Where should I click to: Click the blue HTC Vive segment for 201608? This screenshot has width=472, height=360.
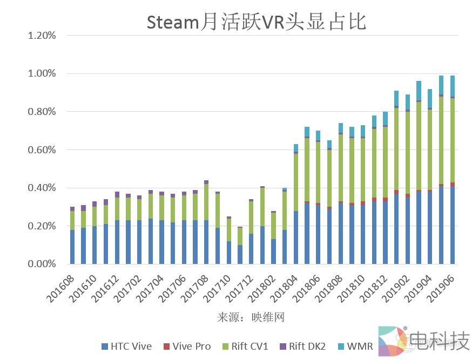click(72, 247)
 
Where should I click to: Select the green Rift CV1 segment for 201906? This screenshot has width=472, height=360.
click(453, 140)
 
